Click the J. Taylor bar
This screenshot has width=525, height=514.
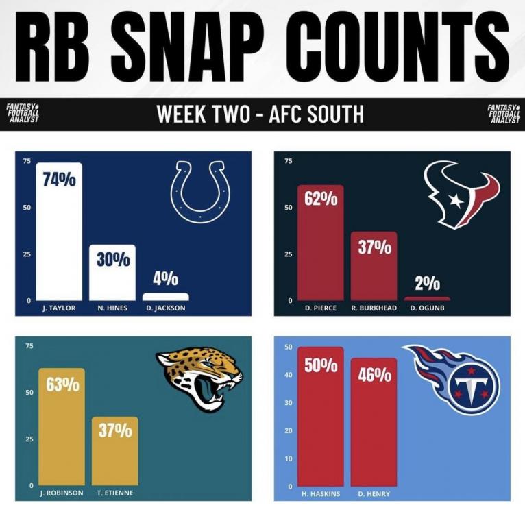(58, 233)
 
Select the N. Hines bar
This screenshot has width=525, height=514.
(112, 274)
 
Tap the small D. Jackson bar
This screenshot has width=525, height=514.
(165, 297)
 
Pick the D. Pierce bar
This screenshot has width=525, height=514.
(320, 243)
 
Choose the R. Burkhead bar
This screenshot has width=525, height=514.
(374, 267)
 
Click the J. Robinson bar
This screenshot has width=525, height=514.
(61, 428)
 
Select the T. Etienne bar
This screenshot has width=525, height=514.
(114, 452)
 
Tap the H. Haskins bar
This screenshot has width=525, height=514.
(320, 418)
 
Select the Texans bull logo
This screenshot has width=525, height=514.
(461, 194)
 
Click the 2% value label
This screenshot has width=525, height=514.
(426, 284)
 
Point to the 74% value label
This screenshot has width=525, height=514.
(59, 180)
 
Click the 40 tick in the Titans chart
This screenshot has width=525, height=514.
(289, 375)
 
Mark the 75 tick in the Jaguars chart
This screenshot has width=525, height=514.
(29, 346)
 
